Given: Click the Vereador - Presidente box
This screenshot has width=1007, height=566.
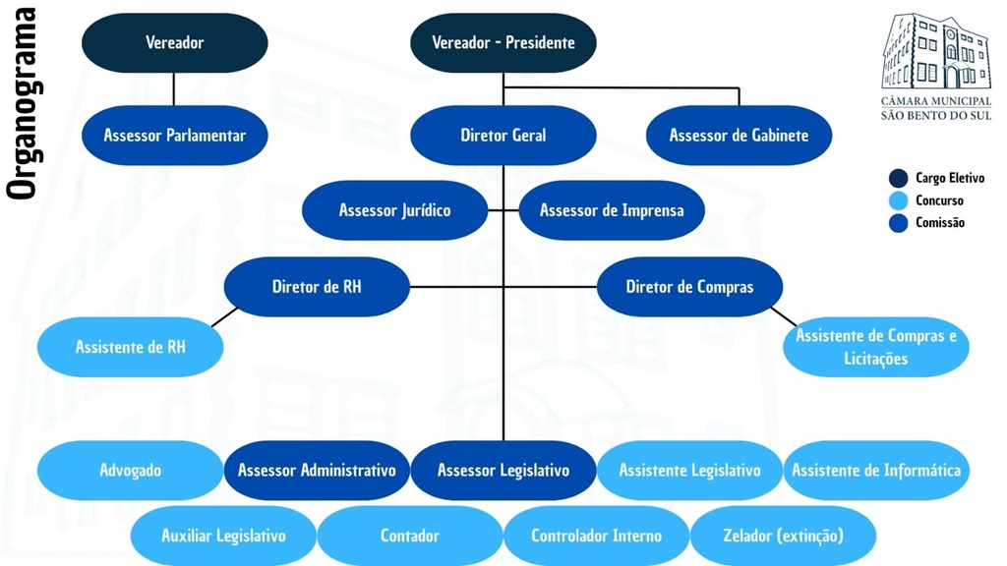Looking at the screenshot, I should coord(503,42).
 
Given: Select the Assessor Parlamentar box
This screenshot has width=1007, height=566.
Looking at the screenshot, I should coord(174,135).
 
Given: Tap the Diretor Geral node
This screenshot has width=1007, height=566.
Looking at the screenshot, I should coord(503,135).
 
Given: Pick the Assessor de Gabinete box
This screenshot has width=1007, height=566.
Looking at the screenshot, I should coord(739,135).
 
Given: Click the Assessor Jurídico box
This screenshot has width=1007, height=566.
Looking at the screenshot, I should coord(394,210).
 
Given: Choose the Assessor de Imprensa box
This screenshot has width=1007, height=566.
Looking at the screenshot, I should coord(611,210).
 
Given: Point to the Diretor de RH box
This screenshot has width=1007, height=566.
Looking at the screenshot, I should coord(316,287).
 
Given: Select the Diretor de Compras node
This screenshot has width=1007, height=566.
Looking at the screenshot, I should coord(689,287).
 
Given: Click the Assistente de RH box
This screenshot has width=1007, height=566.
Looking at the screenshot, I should coord(130,347).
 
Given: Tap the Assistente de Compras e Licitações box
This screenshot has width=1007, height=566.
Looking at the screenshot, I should coord(875,347).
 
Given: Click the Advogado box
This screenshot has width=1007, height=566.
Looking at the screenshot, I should coord(130,470).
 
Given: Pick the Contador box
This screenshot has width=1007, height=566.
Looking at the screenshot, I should coord(409,536).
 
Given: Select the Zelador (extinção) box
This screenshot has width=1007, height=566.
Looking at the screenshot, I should coord(783,536).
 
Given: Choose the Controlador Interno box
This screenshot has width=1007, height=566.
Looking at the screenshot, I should coord(596,536).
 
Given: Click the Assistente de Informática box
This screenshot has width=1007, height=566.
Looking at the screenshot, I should coord(875,470).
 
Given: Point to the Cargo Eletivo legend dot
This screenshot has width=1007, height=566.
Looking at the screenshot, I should coord(898,179).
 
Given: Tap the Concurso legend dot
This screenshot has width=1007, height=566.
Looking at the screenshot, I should coord(898,200).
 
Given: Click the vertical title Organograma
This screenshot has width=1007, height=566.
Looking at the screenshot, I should coord(21,103).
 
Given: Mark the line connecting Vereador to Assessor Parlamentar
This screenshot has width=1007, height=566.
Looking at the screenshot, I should coord(174,88).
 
